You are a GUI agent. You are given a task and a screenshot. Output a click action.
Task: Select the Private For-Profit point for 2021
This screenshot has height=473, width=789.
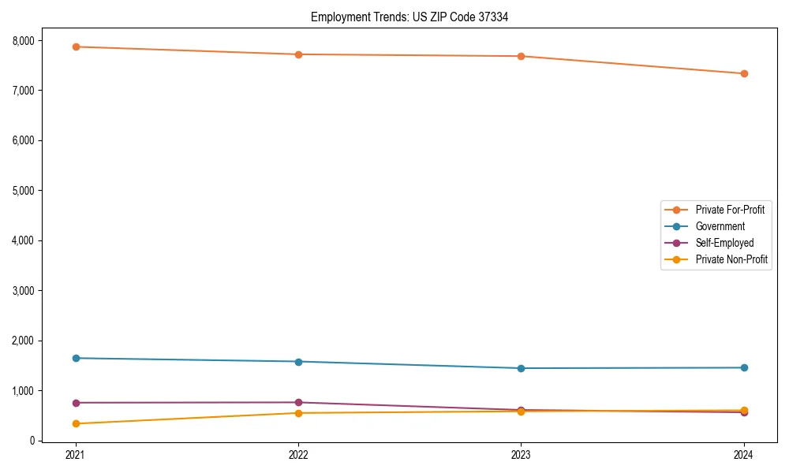pyautogui.click(x=76, y=47)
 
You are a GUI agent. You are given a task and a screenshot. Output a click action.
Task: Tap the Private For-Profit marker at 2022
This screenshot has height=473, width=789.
pyautogui.click(x=298, y=54)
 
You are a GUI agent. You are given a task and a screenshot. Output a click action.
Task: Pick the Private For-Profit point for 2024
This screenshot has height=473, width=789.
pyautogui.click(x=744, y=73)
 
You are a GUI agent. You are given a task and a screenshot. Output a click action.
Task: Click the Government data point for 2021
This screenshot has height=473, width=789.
pyautogui.click(x=76, y=358)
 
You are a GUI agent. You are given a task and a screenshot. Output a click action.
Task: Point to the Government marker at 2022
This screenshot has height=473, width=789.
pyautogui.click(x=298, y=362)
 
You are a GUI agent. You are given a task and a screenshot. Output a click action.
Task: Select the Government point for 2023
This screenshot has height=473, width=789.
pyautogui.click(x=522, y=368)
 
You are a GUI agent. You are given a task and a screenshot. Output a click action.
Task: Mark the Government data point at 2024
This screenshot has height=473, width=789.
pyautogui.click(x=744, y=367)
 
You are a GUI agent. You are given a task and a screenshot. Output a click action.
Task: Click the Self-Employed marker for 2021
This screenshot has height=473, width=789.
pyautogui.click(x=76, y=403)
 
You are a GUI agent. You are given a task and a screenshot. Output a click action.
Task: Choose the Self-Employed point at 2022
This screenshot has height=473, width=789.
pyautogui.click(x=298, y=402)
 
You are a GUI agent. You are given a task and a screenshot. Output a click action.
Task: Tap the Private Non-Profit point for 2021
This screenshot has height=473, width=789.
pyautogui.click(x=76, y=423)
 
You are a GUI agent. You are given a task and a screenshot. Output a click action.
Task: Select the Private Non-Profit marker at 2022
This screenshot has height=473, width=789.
pyautogui.click(x=298, y=413)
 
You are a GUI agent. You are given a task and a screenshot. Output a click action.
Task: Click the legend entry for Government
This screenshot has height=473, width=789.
pyautogui.click(x=720, y=226)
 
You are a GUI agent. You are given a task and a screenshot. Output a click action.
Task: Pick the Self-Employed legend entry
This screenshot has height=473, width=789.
pyautogui.click(x=724, y=243)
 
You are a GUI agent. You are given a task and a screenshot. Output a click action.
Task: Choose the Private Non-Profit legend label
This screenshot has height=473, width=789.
pyautogui.click(x=731, y=259)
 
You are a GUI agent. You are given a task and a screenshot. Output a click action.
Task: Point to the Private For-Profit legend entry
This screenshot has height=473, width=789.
pyautogui.click(x=730, y=210)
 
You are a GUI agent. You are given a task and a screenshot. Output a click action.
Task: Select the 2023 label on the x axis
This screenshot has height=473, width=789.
pyautogui.click(x=522, y=455)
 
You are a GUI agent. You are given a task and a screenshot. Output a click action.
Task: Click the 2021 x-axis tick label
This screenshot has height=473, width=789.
pyautogui.click(x=76, y=455)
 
